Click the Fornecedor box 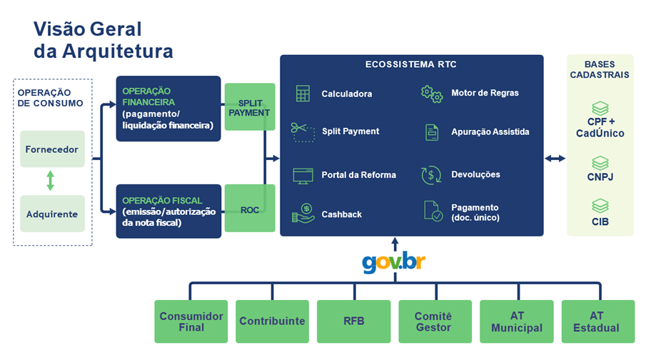click(52, 149)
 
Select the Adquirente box click(52, 214)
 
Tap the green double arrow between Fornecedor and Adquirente click(51, 181)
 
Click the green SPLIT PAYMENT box click(250, 106)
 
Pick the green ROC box click(250, 209)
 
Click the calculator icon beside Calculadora click(303, 94)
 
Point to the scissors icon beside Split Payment click(301, 131)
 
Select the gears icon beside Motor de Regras click(431, 93)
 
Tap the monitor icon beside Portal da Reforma click(303, 175)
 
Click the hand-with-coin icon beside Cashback click(303, 214)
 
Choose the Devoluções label click(475, 174)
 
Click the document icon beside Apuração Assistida click(431, 131)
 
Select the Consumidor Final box click(191, 321)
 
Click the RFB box click(353, 321)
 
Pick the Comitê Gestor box click(433, 321)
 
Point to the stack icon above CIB click(600, 206)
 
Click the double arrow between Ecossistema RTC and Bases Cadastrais click(555, 159)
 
